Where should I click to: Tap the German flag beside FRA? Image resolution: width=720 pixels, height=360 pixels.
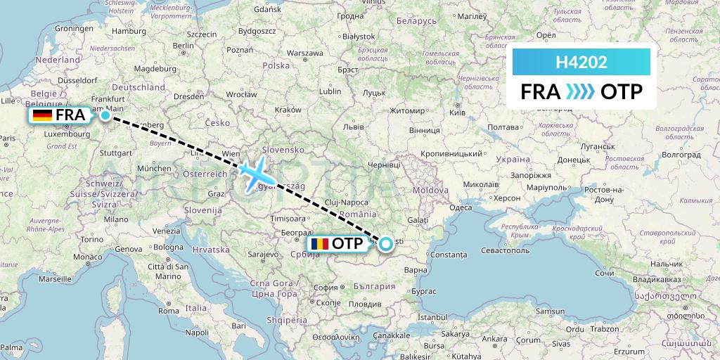coord(42,115)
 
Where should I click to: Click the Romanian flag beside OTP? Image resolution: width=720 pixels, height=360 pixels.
coord(318,244)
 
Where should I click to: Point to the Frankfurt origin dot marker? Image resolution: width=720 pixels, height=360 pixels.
coord(105,115)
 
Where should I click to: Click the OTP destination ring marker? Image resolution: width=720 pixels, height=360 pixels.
coord(386,245)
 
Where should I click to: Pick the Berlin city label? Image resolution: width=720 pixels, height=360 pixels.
coord(183,46)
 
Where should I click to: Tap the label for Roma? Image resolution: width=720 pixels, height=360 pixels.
coord(169,310)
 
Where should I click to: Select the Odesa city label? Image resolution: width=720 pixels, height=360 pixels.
coord(461,207)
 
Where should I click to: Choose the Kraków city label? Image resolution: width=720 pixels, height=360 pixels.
coord(288,110)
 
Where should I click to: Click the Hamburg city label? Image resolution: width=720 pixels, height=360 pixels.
coord(129,31)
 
